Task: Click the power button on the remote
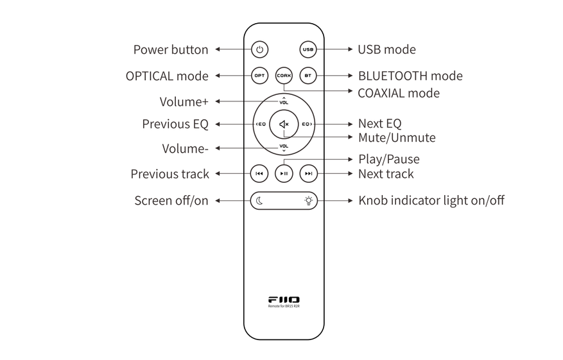tap(259, 49)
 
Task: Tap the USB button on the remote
tap(308, 49)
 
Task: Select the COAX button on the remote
tap(284, 76)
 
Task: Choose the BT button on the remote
tap(308, 76)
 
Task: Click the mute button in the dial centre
tap(284, 124)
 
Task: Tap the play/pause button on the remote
tap(284, 173)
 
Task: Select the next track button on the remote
tap(308, 173)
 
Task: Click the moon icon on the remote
tap(260, 201)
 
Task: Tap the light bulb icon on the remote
tap(309, 201)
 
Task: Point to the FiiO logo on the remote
tap(284, 300)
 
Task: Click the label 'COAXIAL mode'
tap(398, 93)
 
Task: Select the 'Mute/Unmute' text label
tap(396, 137)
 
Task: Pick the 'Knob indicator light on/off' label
tap(431, 200)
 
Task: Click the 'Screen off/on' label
tap(171, 201)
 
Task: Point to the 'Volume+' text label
tap(180, 101)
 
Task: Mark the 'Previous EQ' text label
tap(171, 124)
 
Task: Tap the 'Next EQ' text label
tap(379, 123)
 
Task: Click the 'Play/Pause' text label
tap(388, 159)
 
